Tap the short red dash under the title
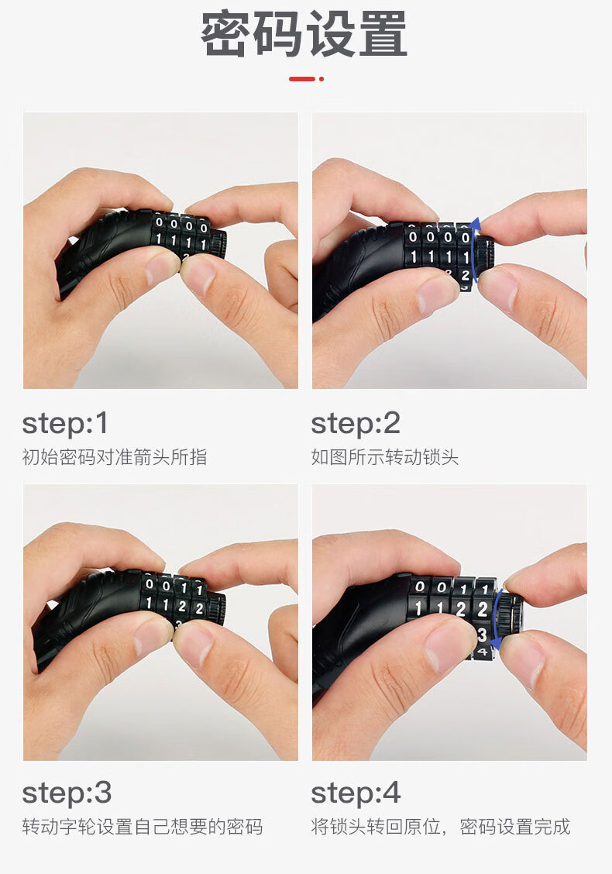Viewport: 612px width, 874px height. tap(301, 79)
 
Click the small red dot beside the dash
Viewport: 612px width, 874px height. tap(321, 79)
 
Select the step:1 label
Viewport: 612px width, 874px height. tap(65, 424)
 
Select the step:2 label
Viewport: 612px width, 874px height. tap(356, 424)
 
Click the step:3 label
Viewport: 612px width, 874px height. tap(67, 793)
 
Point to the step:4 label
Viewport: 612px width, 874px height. tap(356, 793)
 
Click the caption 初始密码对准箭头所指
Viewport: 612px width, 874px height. tap(114, 457)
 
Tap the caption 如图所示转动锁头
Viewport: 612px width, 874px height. tap(384, 457)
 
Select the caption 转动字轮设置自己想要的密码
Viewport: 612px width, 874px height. tap(142, 827)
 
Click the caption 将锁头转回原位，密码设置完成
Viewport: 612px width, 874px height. tap(440, 827)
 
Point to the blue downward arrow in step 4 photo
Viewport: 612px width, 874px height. tap(495, 620)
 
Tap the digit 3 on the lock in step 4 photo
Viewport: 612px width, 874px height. tap(482, 635)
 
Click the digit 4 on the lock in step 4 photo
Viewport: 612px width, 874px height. tap(483, 651)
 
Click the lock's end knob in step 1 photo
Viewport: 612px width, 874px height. tap(218, 243)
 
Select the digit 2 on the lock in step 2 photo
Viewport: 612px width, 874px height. tap(465, 275)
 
